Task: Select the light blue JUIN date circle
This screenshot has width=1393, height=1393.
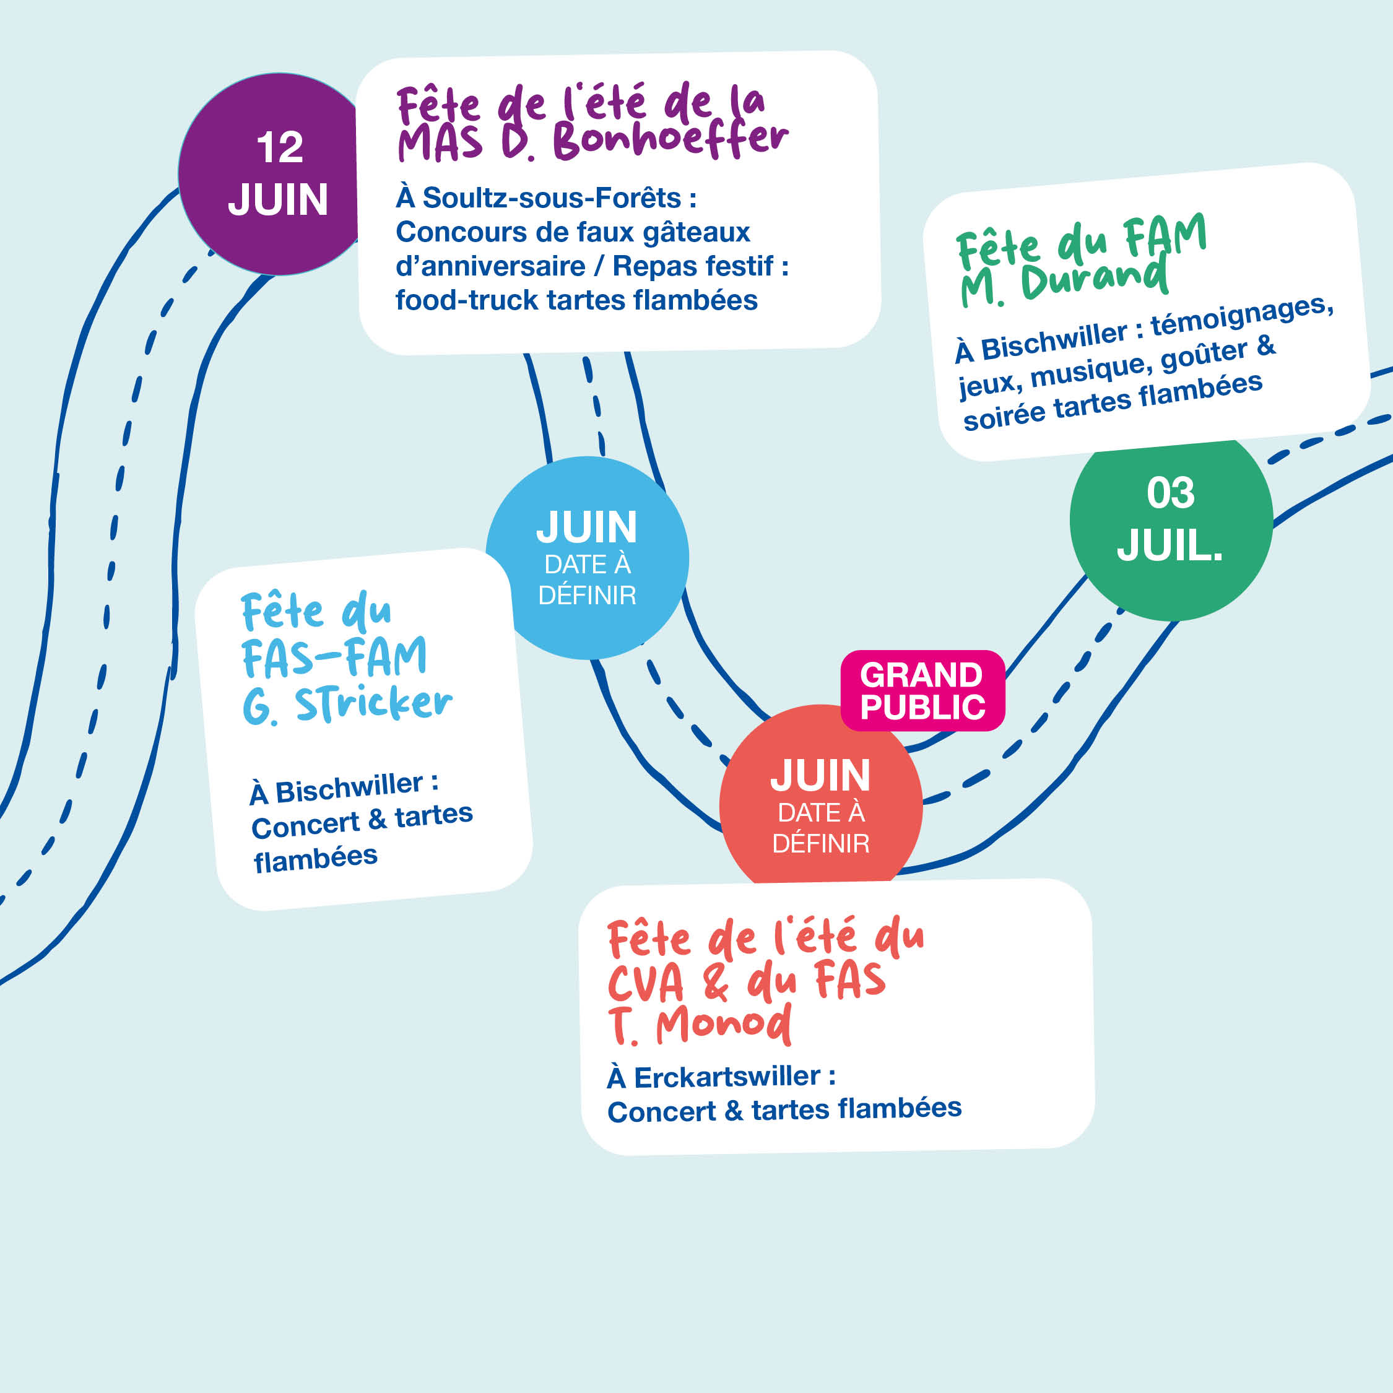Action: (587, 557)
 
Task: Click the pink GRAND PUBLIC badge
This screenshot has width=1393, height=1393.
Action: (922, 691)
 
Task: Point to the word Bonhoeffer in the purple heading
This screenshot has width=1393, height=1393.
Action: (670, 139)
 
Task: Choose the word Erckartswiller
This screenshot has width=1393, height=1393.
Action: (727, 1077)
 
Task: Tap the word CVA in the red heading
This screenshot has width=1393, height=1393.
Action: (645, 983)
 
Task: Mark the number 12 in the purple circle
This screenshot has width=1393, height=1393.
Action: (280, 148)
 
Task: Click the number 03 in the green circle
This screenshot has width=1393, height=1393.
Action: (1170, 493)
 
